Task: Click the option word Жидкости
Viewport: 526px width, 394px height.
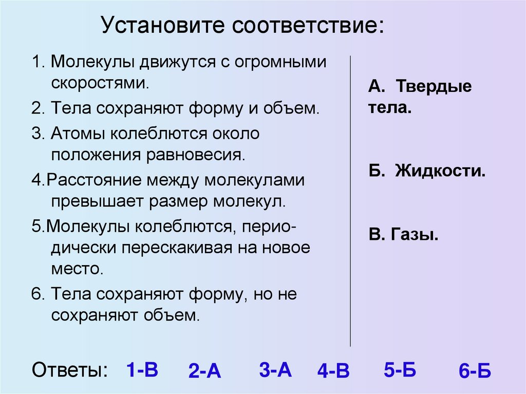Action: point(440,171)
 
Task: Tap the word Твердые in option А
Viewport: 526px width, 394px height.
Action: point(433,86)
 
